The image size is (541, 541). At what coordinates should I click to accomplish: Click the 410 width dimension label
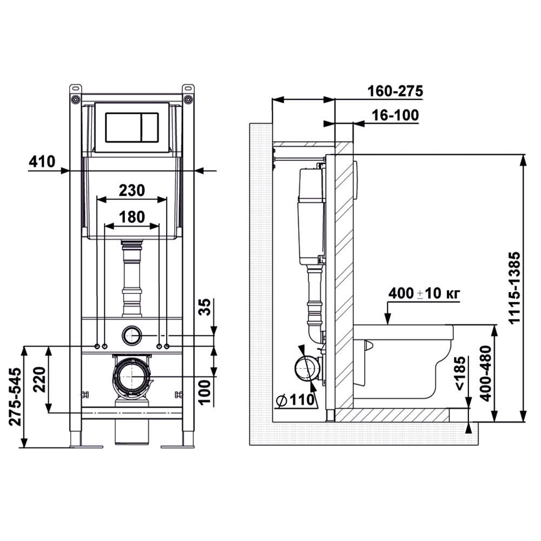[x=42, y=161]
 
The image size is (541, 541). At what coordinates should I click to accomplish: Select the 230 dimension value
[x=132, y=190]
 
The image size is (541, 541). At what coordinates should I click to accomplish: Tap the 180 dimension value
[x=132, y=217]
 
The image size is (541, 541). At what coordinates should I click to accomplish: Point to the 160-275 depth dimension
[x=395, y=91]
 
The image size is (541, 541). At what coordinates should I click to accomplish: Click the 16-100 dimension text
[x=395, y=115]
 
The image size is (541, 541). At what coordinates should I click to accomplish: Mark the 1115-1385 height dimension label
[x=514, y=287]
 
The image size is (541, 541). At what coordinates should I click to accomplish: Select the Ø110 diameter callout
[x=296, y=400]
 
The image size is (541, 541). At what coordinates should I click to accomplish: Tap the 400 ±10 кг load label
[x=424, y=293]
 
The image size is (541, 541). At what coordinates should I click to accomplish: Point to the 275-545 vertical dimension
[x=15, y=397]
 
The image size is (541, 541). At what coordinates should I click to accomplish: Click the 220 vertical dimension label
[x=39, y=379]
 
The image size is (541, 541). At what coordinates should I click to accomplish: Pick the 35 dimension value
[x=205, y=307]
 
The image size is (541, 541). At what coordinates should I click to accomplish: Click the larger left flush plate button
[x=123, y=127]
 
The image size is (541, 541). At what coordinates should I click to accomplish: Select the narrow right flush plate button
[x=150, y=127]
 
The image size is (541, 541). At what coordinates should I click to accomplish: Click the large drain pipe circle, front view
[x=131, y=377]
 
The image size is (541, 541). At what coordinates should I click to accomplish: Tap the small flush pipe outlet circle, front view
[x=131, y=335]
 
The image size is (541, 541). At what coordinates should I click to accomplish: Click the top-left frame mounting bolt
[x=75, y=100]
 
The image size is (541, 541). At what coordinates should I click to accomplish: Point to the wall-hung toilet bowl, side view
[x=404, y=362]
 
